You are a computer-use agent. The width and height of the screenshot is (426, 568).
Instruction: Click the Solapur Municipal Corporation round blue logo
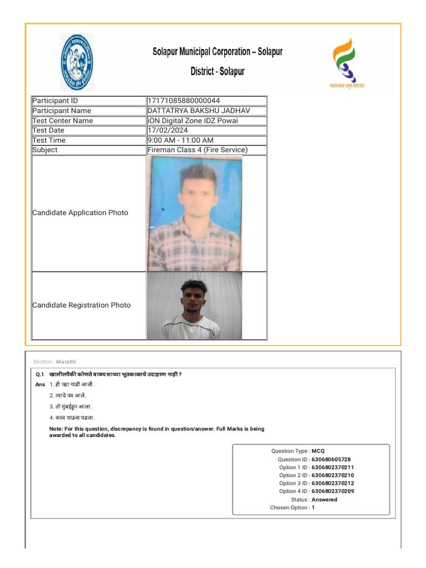[x=77, y=62]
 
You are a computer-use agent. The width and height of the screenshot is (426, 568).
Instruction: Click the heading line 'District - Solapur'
[x=217, y=72]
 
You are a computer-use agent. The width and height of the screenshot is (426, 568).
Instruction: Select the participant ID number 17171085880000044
[x=184, y=101]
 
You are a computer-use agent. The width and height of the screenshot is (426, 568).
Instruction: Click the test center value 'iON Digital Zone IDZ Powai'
[x=191, y=121]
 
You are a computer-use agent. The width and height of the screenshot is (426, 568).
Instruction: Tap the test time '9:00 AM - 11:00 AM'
[x=180, y=140]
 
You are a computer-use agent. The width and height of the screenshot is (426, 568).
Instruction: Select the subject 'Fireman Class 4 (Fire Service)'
[x=197, y=150]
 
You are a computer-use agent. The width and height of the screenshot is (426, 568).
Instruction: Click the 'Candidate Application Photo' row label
[x=80, y=213]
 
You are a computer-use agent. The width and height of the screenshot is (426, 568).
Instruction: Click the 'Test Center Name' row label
[x=63, y=121]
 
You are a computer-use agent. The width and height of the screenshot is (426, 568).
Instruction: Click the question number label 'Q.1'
[x=40, y=374]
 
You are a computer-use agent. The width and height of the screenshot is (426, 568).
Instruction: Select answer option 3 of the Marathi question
[x=70, y=407]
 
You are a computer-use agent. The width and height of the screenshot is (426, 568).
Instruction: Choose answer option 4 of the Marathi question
[x=72, y=418]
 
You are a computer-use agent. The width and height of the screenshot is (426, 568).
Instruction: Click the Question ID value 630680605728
[x=331, y=459]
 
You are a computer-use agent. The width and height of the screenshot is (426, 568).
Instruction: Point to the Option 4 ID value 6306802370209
[x=333, y=491]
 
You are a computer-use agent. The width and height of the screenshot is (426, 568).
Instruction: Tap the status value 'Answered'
[x=324, y=500]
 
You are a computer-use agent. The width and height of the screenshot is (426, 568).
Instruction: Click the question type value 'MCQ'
[x=318, y=452]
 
